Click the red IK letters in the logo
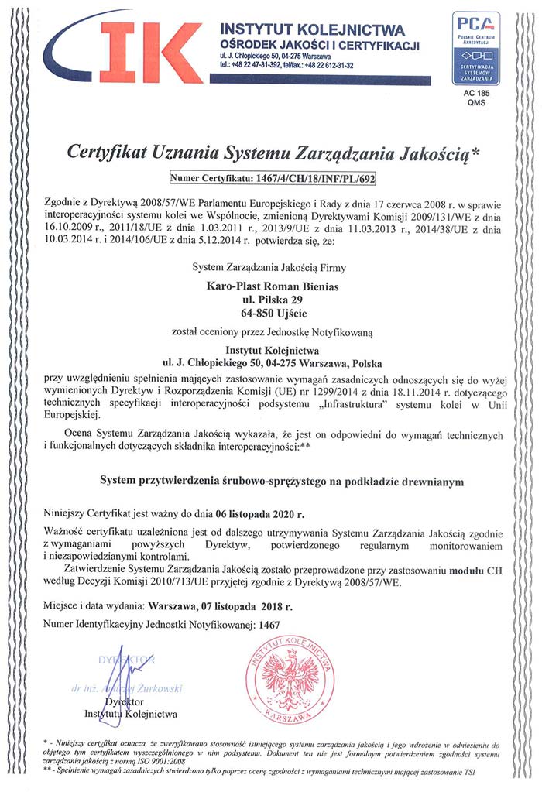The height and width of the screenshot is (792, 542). (151, 52)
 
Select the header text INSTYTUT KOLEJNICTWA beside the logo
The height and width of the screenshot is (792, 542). (312, 30)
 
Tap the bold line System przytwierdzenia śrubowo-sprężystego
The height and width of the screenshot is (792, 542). (283, 481)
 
